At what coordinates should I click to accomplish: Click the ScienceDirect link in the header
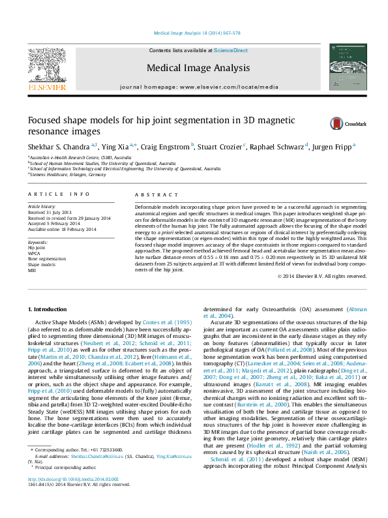click(x=231, y=50)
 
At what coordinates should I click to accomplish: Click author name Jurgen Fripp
click(x=332, y=147)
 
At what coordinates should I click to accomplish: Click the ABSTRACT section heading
click(x=157, y=194)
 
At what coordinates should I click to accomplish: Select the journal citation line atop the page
click(x=196, y=33)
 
